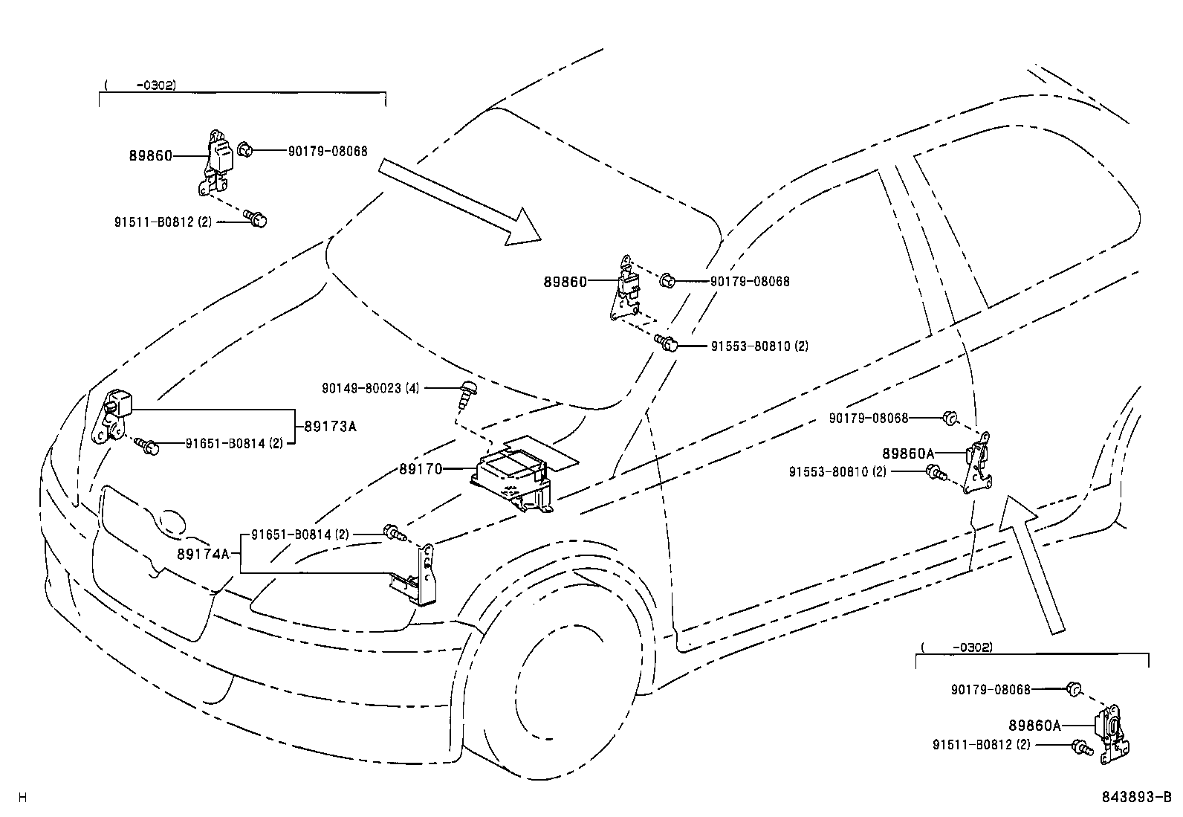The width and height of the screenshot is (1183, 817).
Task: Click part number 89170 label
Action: [421, 469]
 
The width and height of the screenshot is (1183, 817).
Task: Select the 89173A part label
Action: [330, 427]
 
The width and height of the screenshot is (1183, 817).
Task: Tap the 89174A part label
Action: [203, 554]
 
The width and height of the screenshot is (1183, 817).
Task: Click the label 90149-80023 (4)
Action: [370, 388]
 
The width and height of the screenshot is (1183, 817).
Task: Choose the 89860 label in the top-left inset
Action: [150, 155]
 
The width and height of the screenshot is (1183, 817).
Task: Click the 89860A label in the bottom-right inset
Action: [1034, 725]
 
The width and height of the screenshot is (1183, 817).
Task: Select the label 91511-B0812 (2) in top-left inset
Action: [163, 222]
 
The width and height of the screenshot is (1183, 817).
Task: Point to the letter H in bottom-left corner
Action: [22, 798]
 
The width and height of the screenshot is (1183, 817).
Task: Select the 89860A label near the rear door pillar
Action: [908, 453]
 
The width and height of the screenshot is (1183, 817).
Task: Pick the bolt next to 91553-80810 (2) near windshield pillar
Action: [667, 343]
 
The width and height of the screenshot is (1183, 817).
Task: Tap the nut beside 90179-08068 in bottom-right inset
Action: [1072, 688]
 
